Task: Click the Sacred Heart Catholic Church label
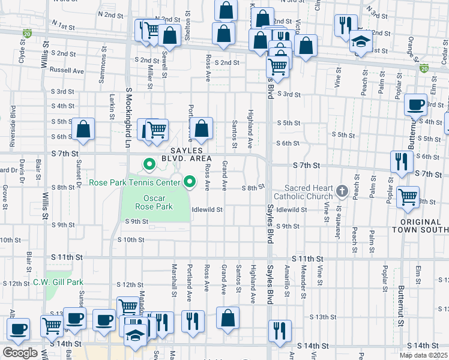[303, 192]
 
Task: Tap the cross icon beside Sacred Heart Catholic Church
[342, 191]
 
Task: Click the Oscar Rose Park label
[158, 202]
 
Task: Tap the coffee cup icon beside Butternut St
[415, 106]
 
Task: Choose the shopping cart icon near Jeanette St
[408, 196]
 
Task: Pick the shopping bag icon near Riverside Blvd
[83, 128]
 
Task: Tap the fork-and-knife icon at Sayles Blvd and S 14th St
[280, 331]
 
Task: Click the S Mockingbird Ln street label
[128, 118]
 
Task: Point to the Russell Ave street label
[67, 70]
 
